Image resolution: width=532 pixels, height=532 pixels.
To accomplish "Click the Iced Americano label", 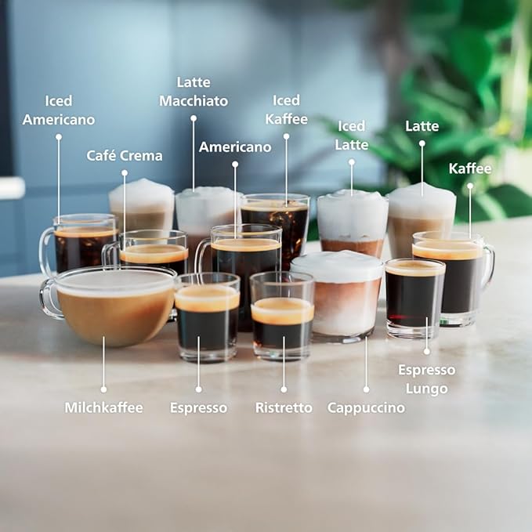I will [x=58, y=110].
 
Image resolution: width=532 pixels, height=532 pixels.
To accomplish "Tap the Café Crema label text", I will [x=125, y=155].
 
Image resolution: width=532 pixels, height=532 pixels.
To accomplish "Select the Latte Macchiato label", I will [x=193, y=92].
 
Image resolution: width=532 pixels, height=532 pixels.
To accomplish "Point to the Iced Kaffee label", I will [x=286, y=110].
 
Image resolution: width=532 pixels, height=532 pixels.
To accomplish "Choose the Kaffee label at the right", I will [x=470, y=168].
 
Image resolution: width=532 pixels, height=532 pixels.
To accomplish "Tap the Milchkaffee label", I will [x=103, y=407].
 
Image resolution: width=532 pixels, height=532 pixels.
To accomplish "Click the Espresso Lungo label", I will [x=427, y=378].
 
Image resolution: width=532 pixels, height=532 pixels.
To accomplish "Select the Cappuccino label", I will [x=366, y=407].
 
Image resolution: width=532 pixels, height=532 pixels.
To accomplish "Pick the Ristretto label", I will [x=284, y=407].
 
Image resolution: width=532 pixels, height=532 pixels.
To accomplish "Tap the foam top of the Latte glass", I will [x=422, y=201].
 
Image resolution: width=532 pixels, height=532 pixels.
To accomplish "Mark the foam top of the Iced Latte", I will [x=353, y=205].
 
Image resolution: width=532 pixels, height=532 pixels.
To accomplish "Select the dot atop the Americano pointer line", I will [x=235, y=164].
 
